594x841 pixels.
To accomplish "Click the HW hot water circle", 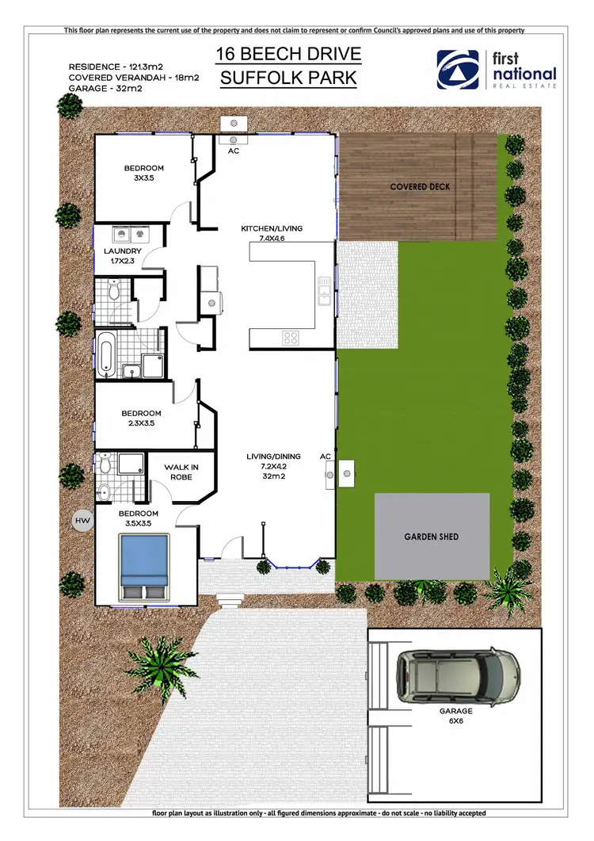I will click(82, 521).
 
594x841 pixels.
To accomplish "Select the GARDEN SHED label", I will click(431, 537).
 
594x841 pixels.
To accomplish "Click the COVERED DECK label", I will click(420, 187).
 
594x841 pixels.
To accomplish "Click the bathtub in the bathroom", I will click(106, 354).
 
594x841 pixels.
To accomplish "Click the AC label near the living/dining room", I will click(325, 457).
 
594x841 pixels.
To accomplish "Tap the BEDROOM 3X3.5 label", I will click(143, 173).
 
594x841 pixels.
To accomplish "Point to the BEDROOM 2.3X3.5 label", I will click(141, 419).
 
